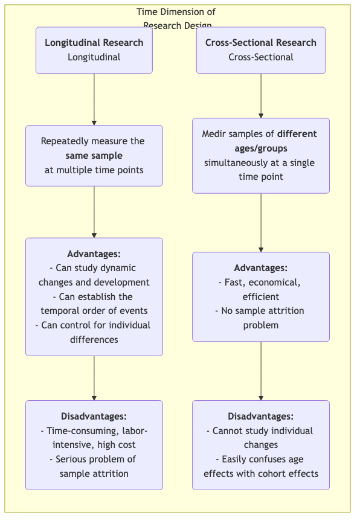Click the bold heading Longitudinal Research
pos(94,43)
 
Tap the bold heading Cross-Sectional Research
pos(261,43)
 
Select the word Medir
pos(214,134)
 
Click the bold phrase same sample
pos(94,156)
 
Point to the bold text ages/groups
pos(261,149)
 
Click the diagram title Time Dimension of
pos(176,12)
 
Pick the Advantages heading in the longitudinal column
pos(94,254)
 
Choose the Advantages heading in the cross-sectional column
pos(261,268)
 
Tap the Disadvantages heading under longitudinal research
pos(94,417)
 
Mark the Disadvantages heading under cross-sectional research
pos(261,417)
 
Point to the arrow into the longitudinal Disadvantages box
pos(94,378)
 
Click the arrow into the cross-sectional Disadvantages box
pos(261,371)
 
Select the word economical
pos(276,283)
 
